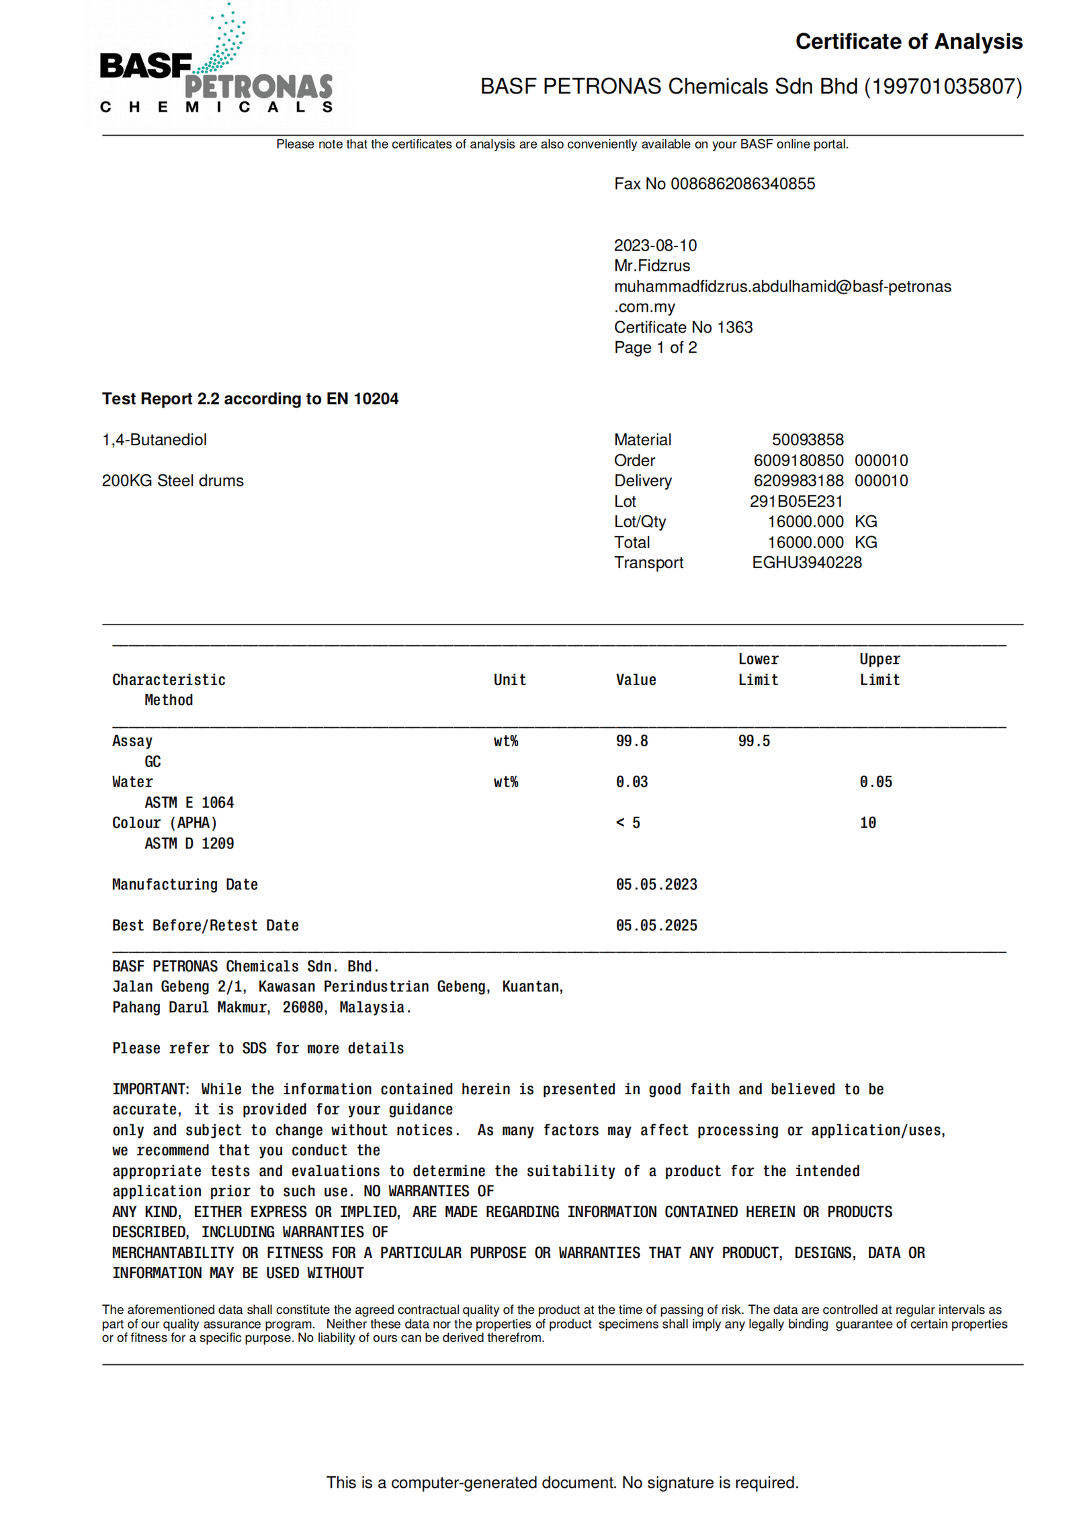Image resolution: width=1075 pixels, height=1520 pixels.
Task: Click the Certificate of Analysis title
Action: (x=908, y=42)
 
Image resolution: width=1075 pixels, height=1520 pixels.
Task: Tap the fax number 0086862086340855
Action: (x=742, y=183)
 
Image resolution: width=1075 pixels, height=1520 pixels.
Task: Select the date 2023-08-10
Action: (x=654, y=245)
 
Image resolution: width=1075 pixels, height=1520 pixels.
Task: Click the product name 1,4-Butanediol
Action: (x=154, y=439)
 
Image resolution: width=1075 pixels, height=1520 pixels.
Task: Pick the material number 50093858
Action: (x=807, y=439)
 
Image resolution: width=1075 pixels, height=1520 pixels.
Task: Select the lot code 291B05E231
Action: (x=795, y=501)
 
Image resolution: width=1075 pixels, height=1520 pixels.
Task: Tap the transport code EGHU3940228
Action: (x=806, y=562)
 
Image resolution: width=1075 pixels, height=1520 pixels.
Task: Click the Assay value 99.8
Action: (x=632, y=741)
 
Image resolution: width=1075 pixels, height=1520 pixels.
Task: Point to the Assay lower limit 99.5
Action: (x=753, y=741)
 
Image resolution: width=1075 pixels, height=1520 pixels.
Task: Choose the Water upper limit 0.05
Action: (x=875, y=782)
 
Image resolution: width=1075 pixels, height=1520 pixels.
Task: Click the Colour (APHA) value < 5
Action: (x=628, y=823)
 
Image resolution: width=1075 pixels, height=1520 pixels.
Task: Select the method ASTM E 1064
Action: (x=189, y=803)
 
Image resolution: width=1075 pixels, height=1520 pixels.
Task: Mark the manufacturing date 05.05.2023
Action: (x=656, y=885)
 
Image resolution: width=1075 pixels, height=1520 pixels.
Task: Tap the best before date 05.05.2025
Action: (x=656, y=926)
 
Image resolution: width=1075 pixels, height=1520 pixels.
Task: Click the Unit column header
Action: (x=509, y=680)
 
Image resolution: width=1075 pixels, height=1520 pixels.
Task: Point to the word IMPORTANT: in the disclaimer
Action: (x=150, y=1089)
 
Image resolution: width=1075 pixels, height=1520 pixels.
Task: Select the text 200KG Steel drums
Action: (x=173, y=480)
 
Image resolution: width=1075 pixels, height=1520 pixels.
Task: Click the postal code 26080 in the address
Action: (x=302, y=1008)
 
